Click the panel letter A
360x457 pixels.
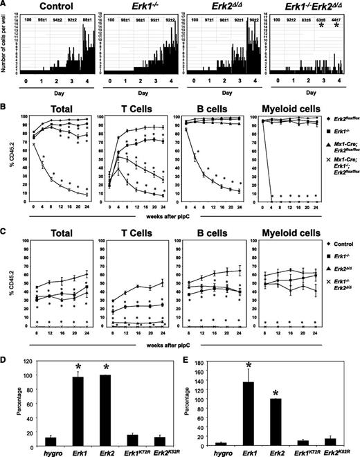pyautogui.click(x=5, y=6)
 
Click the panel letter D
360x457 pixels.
pyautogui.click(x=5, y=345)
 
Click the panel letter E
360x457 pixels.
pyautogui.click(x=186, y=345)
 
